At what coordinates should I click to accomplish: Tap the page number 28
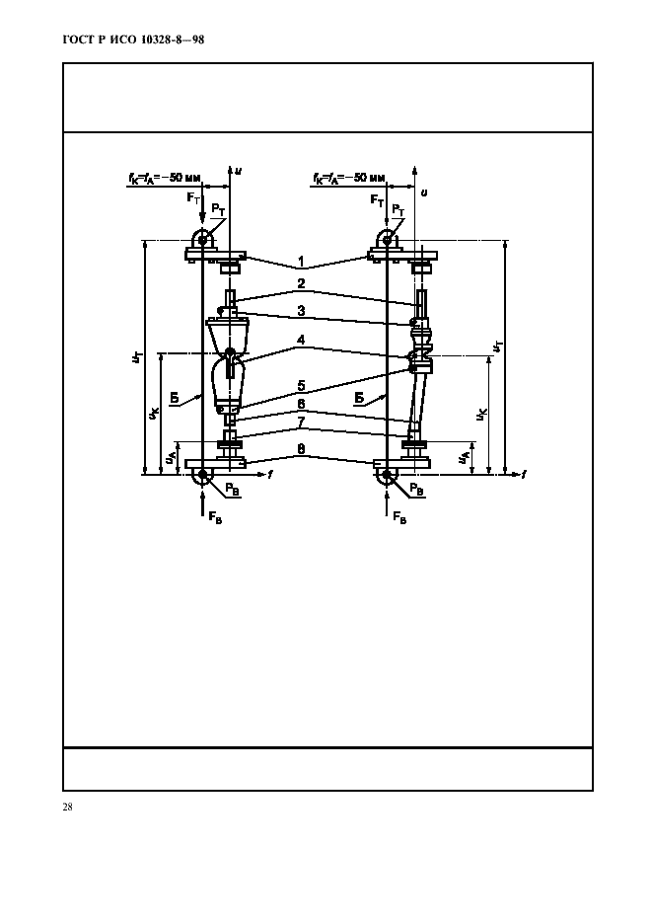[x=67, y=808]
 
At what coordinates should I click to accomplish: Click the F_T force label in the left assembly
[x=192, y=198]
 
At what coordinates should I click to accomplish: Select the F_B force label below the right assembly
[x=398, y=516]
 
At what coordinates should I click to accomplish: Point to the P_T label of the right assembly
[x=398, y=209]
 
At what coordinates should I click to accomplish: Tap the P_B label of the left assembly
[x=230, y=489]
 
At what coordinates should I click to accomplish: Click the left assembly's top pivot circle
[x=203, y=239]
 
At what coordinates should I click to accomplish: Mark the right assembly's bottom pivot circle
[x=386, y=476]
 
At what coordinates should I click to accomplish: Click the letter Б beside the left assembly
[x=174, y=398]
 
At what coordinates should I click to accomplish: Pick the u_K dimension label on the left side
[x=154, y=415]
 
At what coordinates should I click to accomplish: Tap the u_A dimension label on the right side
[x=465, y=457]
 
